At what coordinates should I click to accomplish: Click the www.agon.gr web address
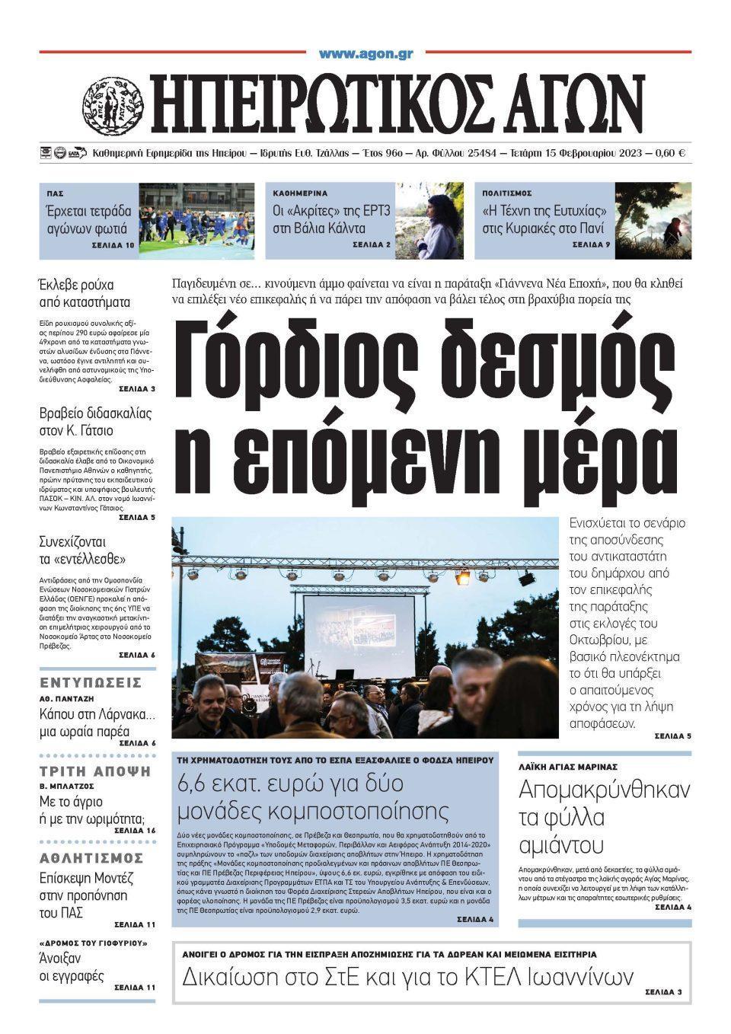pyautogui.click(x=365, y=54)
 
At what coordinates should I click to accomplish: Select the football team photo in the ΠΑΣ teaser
pyautogui.click(x=196, y=221)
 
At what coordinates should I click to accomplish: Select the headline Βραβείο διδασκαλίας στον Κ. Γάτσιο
pyautogui.click(x=96, y=422)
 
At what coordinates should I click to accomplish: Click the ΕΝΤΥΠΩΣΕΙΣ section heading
pyautogui.click(x=91, y=681)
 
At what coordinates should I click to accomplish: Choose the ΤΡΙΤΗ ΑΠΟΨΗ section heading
pyautogui.click(x=95, y=771)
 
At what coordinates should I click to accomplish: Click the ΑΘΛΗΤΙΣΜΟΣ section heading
pyautogui.click(x=96, y=859)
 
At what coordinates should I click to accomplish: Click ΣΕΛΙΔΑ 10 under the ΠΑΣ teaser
pyautogui.click(x=114, y=245)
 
